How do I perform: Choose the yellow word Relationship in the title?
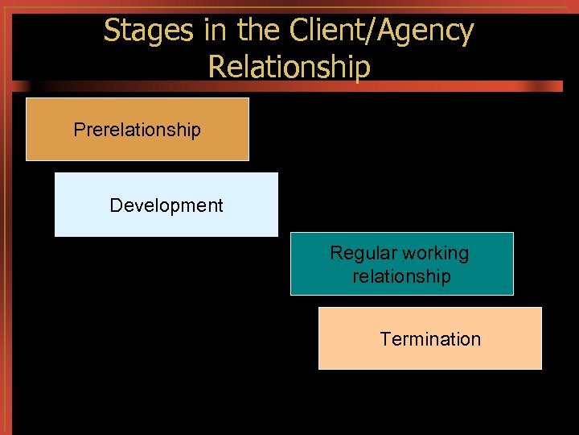[x=289, y=67]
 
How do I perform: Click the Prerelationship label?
[x=137, y=130]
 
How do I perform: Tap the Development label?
[x=166, y=205]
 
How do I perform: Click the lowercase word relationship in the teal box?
[x=401, y=276]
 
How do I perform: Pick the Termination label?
[x=430, y=339]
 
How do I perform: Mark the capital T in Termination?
[x=384, y=339]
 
